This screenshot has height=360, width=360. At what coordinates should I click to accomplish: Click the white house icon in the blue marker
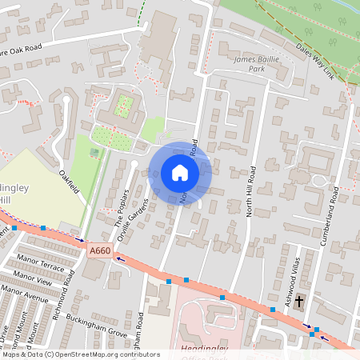pos(179,173)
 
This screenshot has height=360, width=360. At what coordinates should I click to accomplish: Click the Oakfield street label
pos(69,180)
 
